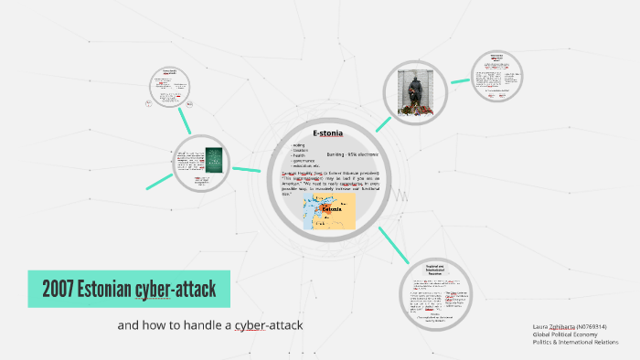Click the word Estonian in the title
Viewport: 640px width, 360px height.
(99, 291)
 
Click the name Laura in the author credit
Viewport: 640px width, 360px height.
(540, 326)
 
